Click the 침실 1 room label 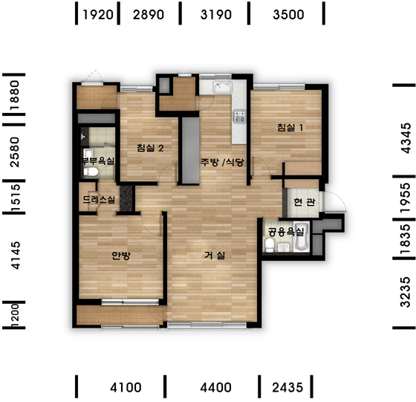click(x=290, y=128)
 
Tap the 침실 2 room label click(x=150, y=148)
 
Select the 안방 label click(x=121, y=256)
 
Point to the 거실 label click(x=215, y=256)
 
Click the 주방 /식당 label click(x=222, y=162)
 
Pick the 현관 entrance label click(x=305, y=202)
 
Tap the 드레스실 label click(x=99, y=200)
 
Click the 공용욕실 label click(x=286, y=232)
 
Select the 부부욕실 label click(x=97, y=161)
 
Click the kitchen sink click(x=223, y=87)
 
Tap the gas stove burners click(x=239, y=117)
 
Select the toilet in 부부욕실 click(x=91, y=172)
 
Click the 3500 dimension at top click(x=288, y=15)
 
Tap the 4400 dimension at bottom click(x=215, y=388)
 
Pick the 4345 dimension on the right click(x=406, y=138)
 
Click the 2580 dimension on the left click(x=14, y=152)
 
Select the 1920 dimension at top click(x=98, y=15)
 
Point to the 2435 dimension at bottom click(x=287, y=388)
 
